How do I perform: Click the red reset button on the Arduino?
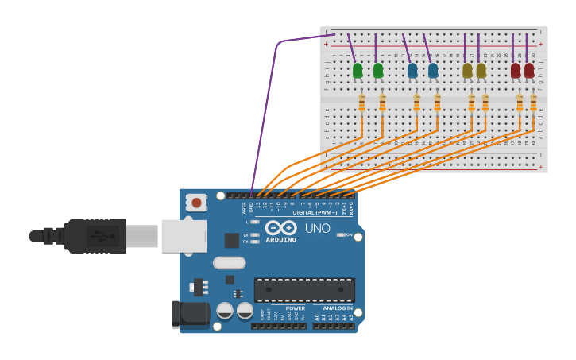click(196, 203)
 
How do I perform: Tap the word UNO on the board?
click(317, 228)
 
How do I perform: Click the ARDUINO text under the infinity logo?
click(280, 239)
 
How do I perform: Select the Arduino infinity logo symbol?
click(280, 227)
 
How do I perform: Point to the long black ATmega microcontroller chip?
click(304, 289)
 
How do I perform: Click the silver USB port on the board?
click(184, 236)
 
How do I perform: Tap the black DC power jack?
click(191, 314)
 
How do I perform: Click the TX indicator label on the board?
click(245, 235)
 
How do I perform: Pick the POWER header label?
click(295, 308)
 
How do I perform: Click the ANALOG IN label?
click(338, 308)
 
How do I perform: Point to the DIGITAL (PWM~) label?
click(315, 213)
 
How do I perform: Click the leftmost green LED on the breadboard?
click(358, 71)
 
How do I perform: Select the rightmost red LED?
click(529, 71)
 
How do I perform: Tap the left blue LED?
click(412, 71)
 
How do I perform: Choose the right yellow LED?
click(481, 71)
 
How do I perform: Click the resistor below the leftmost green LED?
click(361, 103)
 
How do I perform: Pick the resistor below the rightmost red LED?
click(533, 103)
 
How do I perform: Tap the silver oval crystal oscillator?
click(229, 262)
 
